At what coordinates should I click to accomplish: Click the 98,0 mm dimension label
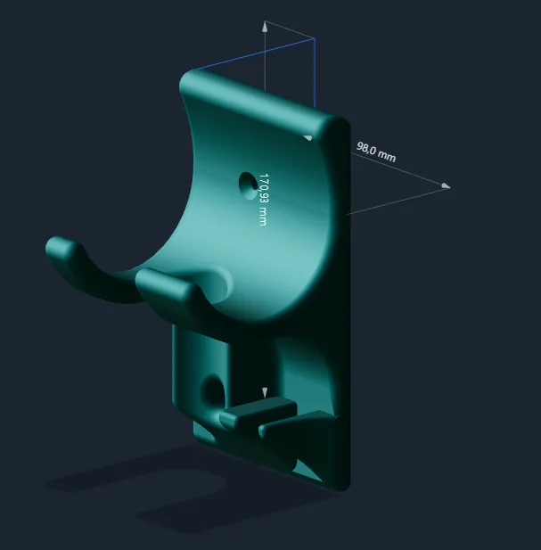pos(376,152)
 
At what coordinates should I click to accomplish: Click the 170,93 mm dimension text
pos(263,200)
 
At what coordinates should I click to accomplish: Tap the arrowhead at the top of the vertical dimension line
pos(265,27)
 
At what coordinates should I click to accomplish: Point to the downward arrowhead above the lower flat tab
pos(265,393)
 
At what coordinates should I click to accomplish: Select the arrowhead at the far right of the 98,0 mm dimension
pos(446,186)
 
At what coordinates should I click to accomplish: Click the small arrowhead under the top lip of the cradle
pos(307,138)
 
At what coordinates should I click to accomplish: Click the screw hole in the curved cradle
pos(249,185)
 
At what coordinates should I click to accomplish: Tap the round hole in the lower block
pos(213,390)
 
